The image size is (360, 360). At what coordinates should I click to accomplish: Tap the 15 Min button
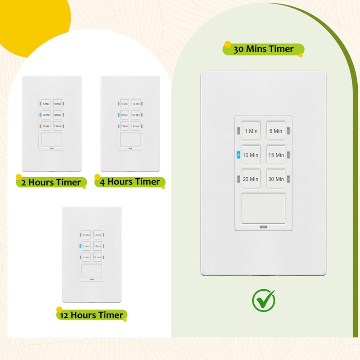coord(276,155)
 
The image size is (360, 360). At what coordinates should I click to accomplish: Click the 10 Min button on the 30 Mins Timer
coord(251,155)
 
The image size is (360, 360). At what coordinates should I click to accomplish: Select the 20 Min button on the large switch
coord(251,179)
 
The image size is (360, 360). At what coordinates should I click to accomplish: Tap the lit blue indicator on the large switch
coord(238,155)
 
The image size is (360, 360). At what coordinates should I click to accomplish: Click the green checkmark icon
coord(263,300)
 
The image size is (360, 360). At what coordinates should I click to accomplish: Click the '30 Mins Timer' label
coord(263,49)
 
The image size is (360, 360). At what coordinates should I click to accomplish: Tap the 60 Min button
coord(136,115)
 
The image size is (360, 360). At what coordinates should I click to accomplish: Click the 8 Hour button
coord(85,257)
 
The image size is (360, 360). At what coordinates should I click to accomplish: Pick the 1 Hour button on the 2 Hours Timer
coord(46,126)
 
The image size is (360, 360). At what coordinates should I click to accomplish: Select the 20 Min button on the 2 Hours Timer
coord(46,115)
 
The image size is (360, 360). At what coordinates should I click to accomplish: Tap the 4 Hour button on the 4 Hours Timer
coord(136,126)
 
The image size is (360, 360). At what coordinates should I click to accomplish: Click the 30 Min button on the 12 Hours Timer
coord(85,235)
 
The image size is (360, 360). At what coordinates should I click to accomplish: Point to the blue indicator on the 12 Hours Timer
coord(80,246)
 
